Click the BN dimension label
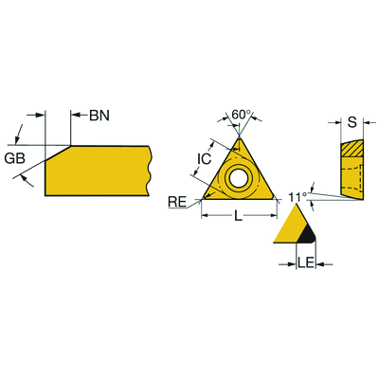tap(99, 116)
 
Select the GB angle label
tap(15, 158)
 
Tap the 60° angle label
tap(241, 115)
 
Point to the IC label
tap(204, 158)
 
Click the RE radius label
tap(177, 202)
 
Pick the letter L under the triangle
tap(238, 216)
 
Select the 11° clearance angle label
tap(298, 197)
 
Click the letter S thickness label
tap(352, 122)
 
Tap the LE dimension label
tap(306, 263)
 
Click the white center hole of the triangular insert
tap(239, 178)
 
